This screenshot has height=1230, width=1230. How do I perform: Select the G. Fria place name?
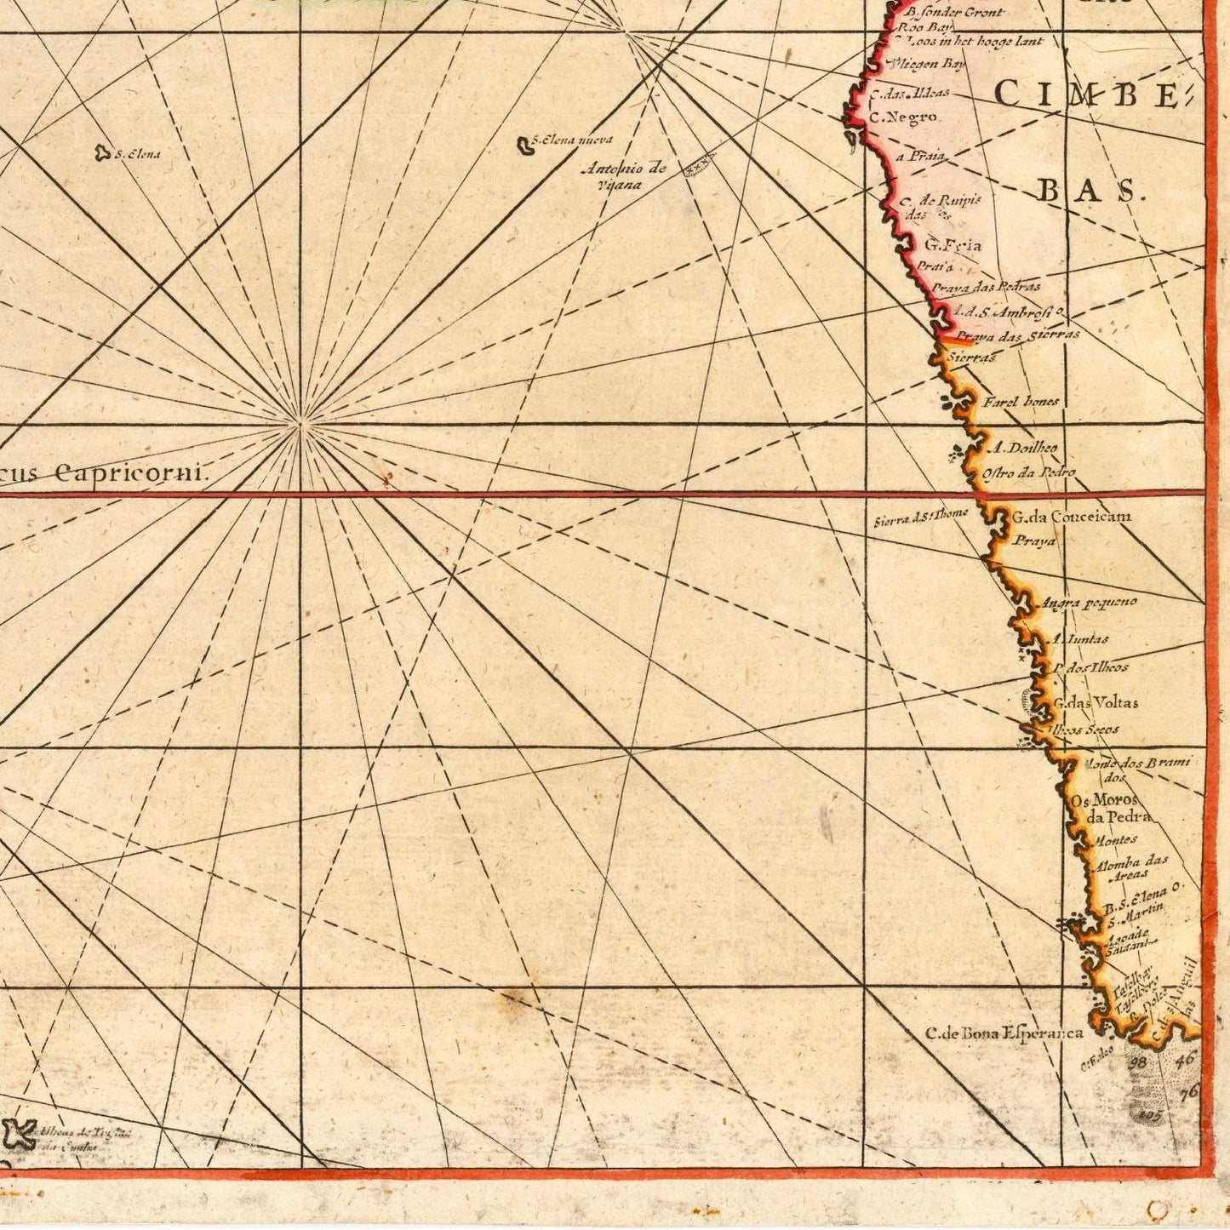coord(953,245)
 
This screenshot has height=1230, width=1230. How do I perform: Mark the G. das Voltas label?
coord(1095,703)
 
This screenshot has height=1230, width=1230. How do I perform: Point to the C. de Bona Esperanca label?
coord(1004,1033)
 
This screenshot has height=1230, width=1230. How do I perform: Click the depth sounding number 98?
coord(1138,1062)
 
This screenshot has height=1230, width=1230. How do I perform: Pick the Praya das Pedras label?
coord(985,288)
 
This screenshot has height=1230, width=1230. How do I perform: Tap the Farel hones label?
coord(1021,401)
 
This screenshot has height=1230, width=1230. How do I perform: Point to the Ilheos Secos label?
coord(1084,729)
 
